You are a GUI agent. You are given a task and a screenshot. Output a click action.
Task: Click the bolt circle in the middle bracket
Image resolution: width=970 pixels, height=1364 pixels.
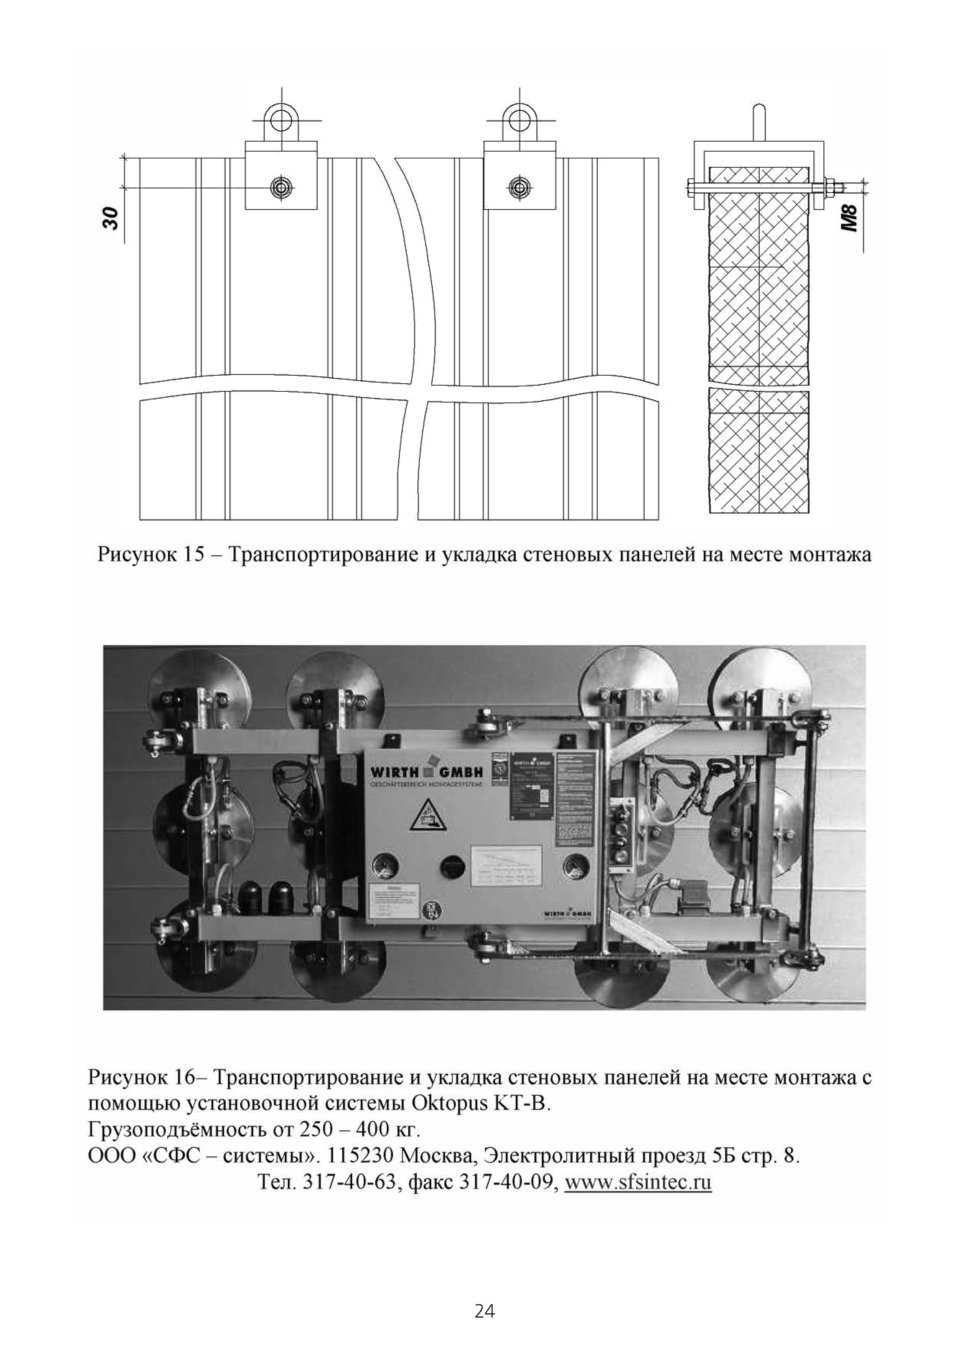(x=520, y=188)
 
